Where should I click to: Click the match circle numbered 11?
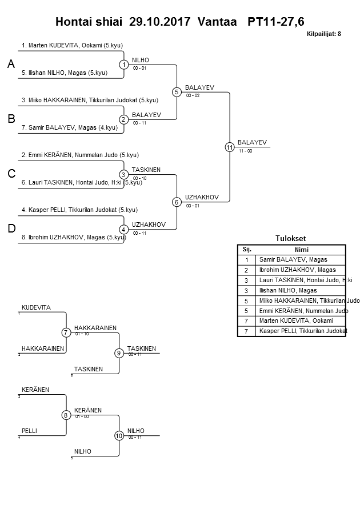pos(230,147)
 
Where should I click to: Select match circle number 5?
pos(177,92)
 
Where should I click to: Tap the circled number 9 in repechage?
pos(119,353)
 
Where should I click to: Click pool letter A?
pos(10,65)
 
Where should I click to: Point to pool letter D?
pos(11,229)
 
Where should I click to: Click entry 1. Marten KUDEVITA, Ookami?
pos(72,45)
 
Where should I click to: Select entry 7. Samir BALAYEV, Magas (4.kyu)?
pos(69,127)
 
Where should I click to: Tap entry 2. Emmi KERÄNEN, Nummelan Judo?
pos(80,155)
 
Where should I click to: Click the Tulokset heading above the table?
pos(291,239)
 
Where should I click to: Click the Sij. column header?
pos(247,250)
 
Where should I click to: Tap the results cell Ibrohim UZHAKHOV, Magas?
pos(297,270)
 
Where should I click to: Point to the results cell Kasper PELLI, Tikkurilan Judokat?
pos(303,331)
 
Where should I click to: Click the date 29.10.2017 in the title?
pos(161,22)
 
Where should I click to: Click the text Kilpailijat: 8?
pos(324,34)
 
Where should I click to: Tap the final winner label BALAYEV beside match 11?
pos(252,142)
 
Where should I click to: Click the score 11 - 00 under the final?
pos(246,151)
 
